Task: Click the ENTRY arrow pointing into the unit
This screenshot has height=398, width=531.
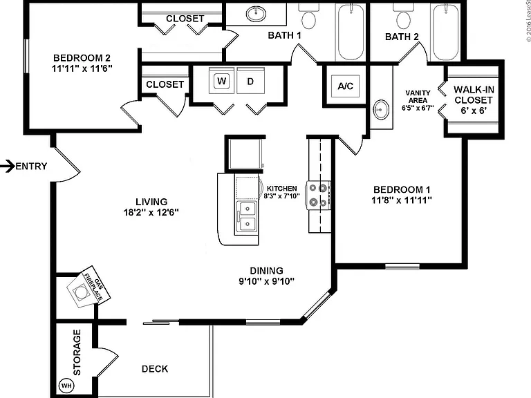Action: coord(7,166)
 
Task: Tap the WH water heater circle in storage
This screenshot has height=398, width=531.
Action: coord(66,385)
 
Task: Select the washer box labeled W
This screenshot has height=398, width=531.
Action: coord(222,81)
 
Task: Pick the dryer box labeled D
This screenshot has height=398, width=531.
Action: coord(250,81)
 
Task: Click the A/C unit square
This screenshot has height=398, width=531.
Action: coord(345,86)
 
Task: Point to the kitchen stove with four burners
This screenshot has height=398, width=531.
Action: coord(318,196)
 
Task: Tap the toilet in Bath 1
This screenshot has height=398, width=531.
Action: coord(308,17)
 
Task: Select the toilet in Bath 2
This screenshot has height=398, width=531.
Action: coord(403,17)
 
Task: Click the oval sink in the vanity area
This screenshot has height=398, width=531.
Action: coord(382,110)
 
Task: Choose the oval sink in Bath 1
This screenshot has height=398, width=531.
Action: coord(256,14)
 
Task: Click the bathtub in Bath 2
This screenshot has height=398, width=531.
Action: coord(446,32)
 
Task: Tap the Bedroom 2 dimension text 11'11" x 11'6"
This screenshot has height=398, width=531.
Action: coord(82,68)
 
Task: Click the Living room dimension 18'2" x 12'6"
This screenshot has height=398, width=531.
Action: coord(151,212)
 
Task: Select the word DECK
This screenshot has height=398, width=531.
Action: coord(155,368)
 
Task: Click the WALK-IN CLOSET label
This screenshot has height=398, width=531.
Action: coord(474,95)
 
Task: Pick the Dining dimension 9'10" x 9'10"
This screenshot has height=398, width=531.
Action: coord(266,281)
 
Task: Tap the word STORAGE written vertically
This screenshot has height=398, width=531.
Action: coord(77,352)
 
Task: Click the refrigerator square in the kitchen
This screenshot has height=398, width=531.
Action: coord(245,153)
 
